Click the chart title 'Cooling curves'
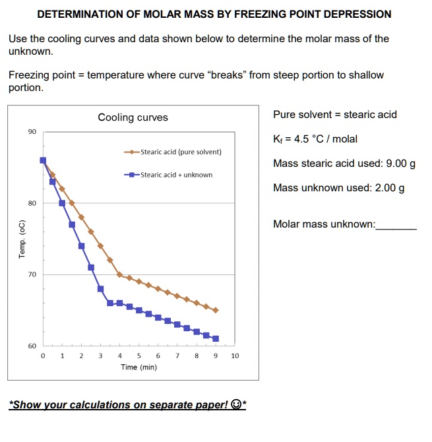pos(133,117)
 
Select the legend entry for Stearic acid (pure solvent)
pos(173,152)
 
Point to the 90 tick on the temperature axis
pos(32,132)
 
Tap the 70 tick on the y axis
pos(32,274)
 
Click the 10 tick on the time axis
pos(235,356)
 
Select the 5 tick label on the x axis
pos(139,356)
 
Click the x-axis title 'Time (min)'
pos(139,367)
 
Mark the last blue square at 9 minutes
pos(216,338)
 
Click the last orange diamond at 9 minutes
pos(216,310)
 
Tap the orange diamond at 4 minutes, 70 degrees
pos(119,274)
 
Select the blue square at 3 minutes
pos(100,288)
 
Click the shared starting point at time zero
pos(43,160)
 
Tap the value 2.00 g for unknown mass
pos(389,188)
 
